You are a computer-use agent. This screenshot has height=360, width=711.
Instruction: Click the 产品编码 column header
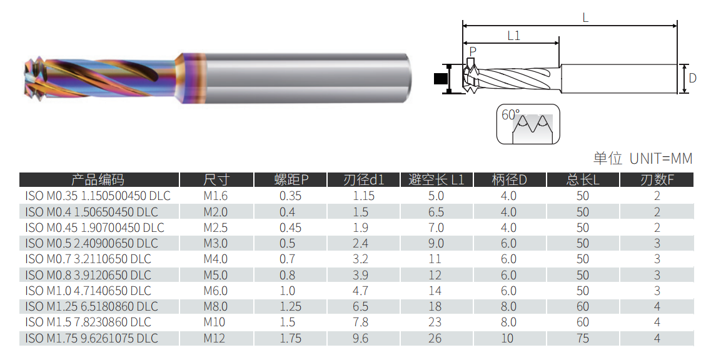click(x=98, y=180)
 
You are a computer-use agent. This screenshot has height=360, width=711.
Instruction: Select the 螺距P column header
click(x=291, y=180)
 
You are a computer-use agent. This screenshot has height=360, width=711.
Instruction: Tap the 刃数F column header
click(x=657, y=180)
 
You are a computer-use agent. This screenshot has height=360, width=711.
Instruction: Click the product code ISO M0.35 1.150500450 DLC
click(x=98, y=196)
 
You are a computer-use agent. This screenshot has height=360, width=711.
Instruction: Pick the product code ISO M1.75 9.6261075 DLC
click(x=91, y=338)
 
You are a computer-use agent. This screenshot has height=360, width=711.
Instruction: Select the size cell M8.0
click(x=215, y=306)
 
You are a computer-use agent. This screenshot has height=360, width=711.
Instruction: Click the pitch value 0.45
click(x=291, y=227)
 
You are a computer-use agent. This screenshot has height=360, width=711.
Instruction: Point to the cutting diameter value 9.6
click(x=360, y=338)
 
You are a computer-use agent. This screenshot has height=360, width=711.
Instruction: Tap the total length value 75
click(x=583, y=338)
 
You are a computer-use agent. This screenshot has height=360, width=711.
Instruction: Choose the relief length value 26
click(x=435, y=338)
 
